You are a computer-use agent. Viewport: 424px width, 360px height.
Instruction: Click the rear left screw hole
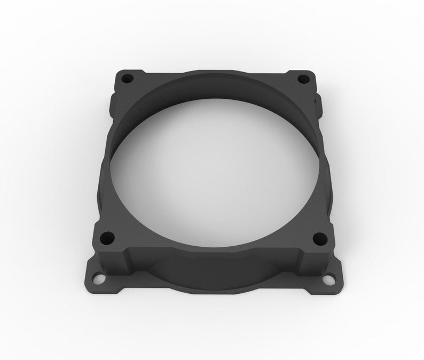click(127, 79)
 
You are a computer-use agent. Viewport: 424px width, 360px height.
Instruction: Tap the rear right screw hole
click(302, 79)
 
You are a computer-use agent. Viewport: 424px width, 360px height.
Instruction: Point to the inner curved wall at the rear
click(214, 91)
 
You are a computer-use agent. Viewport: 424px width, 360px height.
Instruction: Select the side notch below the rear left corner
click(113, 100)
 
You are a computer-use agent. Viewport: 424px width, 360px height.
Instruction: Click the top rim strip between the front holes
click(214, 251)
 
